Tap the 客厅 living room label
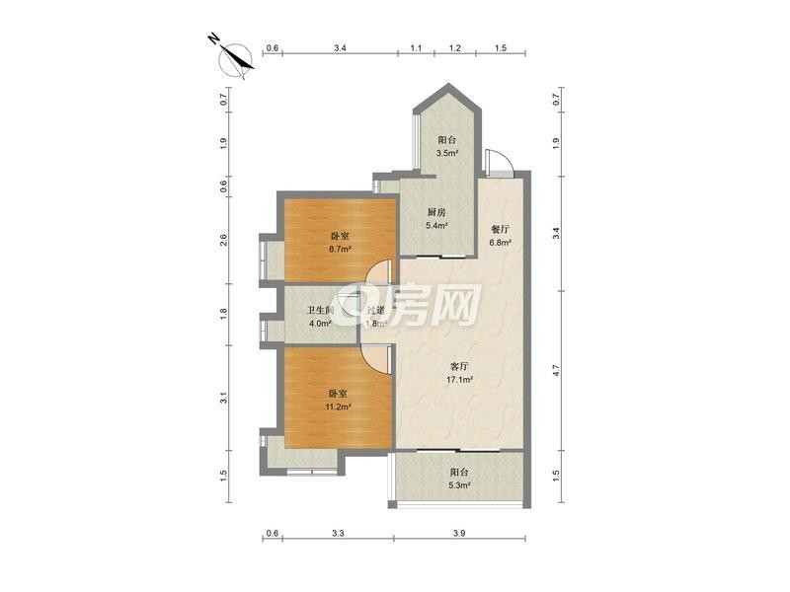458,366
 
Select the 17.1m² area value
459,380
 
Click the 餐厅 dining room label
500,230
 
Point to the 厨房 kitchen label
436,212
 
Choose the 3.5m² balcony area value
447,153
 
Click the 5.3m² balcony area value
459,485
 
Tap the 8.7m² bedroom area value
340,249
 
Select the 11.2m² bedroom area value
338,407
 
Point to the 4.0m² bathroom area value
320,324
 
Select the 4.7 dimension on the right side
556,371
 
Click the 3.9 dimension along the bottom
459,533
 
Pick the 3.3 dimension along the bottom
338,533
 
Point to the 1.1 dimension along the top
416,48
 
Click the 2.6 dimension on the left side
224,240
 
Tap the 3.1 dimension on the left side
224,398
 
